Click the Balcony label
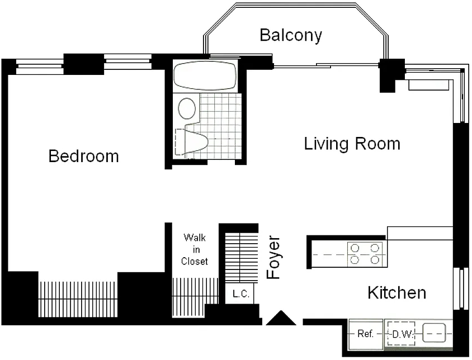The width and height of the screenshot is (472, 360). coord(290,36)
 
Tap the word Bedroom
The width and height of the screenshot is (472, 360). coord(84,156)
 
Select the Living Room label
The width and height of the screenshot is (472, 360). coord(352,144)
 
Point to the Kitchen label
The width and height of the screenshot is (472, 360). coord(397,292)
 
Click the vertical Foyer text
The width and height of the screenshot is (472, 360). coord(273,257)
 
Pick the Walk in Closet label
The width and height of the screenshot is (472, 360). coord(195,249)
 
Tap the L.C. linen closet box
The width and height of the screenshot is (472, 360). coord(240,293)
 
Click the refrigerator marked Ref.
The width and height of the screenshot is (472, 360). coord(366,334)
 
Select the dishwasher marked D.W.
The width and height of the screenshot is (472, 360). coord(402,334)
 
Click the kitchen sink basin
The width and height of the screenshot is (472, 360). coord(434,333)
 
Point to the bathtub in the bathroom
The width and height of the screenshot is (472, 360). coord(204,75)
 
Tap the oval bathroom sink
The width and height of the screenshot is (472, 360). coord(187,108)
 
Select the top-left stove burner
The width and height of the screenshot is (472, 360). coord(355,248)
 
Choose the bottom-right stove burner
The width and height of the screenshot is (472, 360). coord(375,259)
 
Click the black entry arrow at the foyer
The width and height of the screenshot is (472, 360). coord(281,318)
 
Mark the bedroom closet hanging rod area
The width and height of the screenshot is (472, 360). coord(78,299)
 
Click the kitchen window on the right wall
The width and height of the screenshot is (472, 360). coord(461,288)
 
